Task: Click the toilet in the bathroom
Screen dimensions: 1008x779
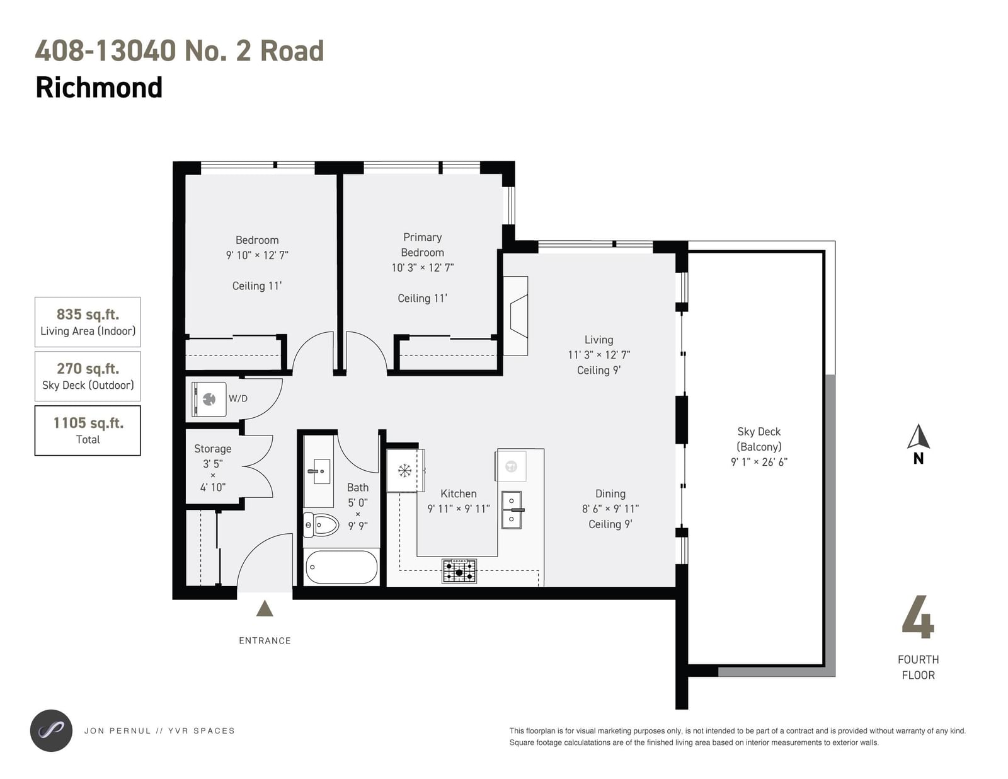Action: point(321,525)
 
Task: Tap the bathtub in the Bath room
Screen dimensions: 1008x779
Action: point(341,567)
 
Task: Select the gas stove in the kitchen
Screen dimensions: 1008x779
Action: point(459,571)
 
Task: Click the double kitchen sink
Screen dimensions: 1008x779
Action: point(512,510)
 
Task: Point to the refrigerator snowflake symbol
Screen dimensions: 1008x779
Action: point(404,471)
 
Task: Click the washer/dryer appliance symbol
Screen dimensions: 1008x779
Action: point(209,399)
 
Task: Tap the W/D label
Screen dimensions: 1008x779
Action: point(238,398)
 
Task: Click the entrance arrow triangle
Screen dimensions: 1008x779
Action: point(265,608)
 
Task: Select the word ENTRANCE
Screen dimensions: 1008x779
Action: point(265,641)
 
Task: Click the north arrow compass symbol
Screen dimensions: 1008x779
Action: point(919,444)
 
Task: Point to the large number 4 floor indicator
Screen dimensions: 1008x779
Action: point(918,616)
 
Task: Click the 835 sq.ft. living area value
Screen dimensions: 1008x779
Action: point(88,314)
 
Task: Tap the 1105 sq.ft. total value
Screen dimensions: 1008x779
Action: point(88,423)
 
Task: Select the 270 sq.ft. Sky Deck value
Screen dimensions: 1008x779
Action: point(88,369)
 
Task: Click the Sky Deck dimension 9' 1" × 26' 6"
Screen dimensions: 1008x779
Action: point(759,461)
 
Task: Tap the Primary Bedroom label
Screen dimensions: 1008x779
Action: point(422,245)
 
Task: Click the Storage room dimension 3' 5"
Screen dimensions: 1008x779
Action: point(213,463)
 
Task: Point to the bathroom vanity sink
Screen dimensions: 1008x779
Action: point(319,471)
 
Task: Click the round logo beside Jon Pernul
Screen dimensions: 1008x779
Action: point(51,730)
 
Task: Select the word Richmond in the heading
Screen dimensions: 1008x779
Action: point(100,87)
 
